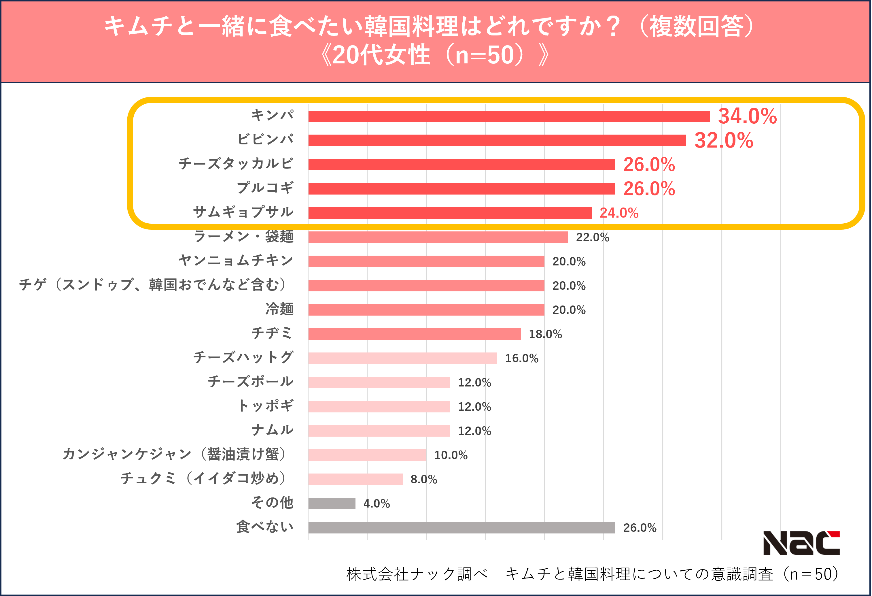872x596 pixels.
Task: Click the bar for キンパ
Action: coord(508,116)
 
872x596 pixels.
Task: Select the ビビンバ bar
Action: coord(497,140)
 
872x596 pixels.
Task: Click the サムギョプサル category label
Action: coord(243,212)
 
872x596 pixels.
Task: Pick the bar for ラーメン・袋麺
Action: coord(438,237)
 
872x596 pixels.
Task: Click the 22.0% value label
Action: coord(593,237)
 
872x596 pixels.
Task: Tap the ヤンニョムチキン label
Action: coord(236,261)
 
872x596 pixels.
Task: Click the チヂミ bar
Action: coord(414,334)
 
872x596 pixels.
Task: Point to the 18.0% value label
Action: coord(545,334)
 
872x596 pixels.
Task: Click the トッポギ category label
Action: coord(265,406)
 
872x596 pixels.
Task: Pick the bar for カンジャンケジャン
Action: coord(367,455)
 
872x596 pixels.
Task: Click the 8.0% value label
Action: coord(424,479)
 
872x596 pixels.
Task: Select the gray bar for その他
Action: coord(332,503)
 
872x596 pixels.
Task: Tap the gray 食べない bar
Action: coord(461,528)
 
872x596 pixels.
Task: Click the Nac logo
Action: coord(801,543)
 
